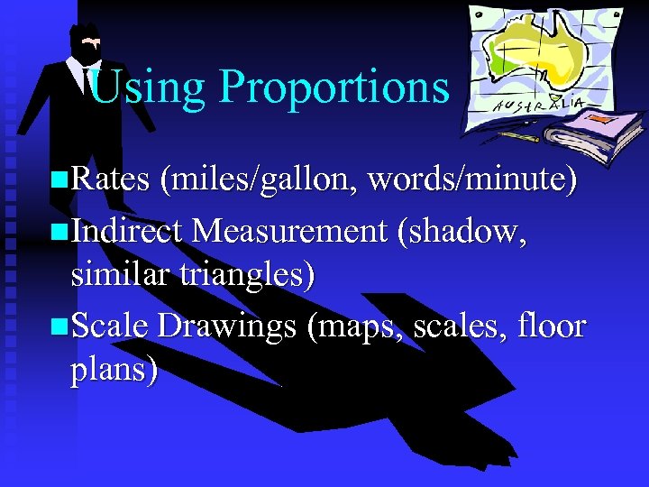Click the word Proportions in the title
[x=334, y=88]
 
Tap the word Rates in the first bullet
[x=109, y=179]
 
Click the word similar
[x=116, y=275]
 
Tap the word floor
[x=553, y=326]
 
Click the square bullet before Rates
[x=59, y=180]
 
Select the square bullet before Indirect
[x=59, y=231]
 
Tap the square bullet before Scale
[x=59, y=326]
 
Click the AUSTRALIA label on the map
[x=537, y=106]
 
